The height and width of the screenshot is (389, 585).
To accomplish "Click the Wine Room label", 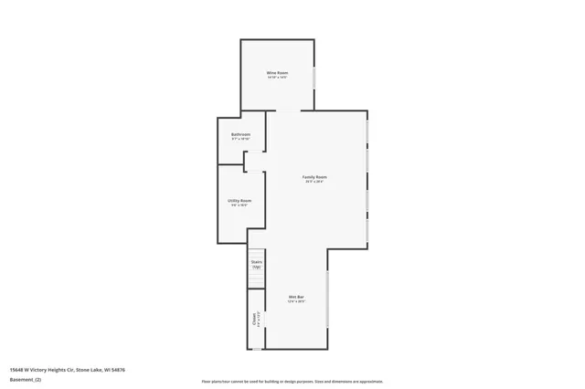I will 277,72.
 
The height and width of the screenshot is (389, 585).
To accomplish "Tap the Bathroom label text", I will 240,134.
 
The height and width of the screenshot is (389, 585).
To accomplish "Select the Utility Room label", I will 239,200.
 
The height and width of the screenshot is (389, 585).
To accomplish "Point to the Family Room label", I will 315,176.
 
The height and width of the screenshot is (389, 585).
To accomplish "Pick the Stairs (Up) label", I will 256,263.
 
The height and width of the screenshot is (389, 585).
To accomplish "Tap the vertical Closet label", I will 254,319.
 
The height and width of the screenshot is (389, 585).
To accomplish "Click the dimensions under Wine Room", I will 277,78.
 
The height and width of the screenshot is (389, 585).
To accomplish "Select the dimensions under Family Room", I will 315,182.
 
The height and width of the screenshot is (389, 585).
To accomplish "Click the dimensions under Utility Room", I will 239,205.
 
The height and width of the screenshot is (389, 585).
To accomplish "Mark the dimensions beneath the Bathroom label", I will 240,140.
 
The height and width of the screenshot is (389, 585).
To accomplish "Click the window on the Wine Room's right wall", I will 314,77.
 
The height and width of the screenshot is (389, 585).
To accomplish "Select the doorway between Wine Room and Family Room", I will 288,111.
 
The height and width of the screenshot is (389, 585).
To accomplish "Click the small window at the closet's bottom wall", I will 257,349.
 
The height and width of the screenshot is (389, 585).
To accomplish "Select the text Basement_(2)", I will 26,380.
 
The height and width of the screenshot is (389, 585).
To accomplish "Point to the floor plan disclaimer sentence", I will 292,382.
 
